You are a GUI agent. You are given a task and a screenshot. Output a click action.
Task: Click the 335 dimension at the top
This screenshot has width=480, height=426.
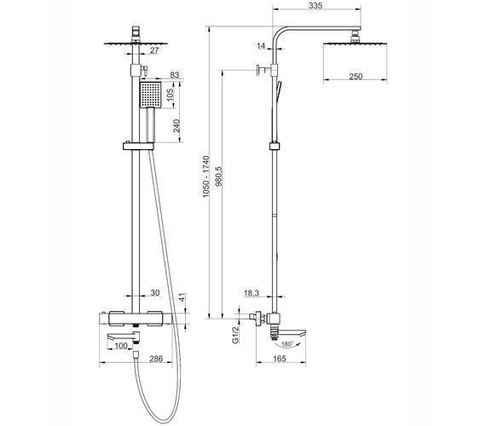point(315,5)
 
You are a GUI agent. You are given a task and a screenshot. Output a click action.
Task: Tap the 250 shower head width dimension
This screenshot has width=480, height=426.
point(356,76)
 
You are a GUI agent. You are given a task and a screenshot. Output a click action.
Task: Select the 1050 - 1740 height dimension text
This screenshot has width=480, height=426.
point(205,176)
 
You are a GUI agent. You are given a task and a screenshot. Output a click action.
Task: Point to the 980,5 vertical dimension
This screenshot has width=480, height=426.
point(218,176)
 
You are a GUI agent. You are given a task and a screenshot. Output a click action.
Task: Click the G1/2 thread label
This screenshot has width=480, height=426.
point(235,335)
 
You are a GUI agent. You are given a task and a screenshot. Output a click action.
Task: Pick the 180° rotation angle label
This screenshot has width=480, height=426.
point(286,344)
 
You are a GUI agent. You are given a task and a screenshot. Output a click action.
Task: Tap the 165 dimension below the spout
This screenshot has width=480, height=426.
point(279,358)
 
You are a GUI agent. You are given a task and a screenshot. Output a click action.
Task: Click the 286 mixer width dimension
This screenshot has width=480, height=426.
point(156,359)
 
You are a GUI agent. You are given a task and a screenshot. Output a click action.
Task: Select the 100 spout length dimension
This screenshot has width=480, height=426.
point(120,346)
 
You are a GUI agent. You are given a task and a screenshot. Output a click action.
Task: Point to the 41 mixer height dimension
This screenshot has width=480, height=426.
point(182,297)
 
